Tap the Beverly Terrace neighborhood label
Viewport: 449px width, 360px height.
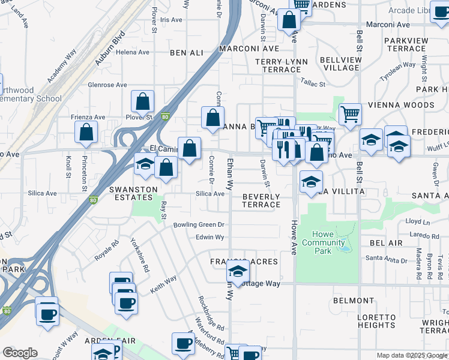tap(261, 200)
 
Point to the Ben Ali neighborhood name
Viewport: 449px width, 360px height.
tap(187, 53)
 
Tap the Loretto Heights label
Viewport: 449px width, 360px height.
tap(376, 321)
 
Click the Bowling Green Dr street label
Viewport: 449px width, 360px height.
tap(199, 225)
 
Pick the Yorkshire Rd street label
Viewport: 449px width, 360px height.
tap(139, 255)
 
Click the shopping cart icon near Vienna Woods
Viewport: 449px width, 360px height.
tap(350, 113)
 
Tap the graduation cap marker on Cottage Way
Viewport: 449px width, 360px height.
tap(238, 273)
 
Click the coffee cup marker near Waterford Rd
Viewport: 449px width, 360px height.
tap(183, 343)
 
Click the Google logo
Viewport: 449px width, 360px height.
tap(20, 353)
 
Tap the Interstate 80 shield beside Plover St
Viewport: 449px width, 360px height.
tap(164, 117)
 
